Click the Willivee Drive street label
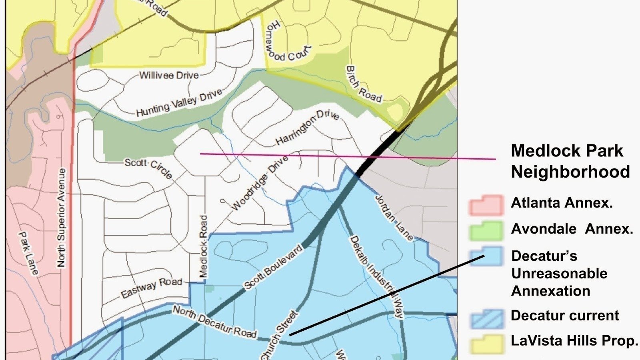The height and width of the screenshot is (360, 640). tap(169, 75)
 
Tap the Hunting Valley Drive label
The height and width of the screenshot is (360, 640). tap(179, 103)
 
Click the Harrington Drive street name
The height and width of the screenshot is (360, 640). tap(307, 127)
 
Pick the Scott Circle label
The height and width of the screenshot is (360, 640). tap(148, 168)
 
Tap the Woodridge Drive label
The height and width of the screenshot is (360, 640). tap(260, 183)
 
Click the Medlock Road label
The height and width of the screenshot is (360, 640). tap(204, 246)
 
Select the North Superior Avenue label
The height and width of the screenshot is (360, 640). tap(61, 218)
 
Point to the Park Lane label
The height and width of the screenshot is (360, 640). tap(29, 253)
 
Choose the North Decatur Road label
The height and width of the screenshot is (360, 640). tap(214, 322)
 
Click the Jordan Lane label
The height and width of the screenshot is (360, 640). tap(394, 218)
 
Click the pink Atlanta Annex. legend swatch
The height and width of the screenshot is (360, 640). tap(486, 205)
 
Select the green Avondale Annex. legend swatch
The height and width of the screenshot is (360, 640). tap(486, 231)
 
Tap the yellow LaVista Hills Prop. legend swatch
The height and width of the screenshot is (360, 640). tap(486, 343)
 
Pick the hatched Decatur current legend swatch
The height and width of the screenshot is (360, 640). tap(486, 318)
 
